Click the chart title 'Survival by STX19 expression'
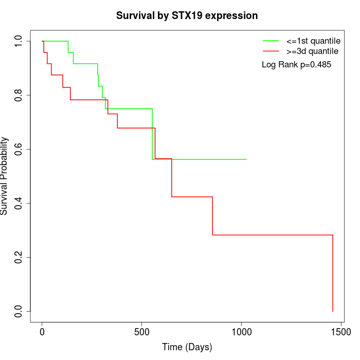pos(187,15)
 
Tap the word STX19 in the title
pos(187,15)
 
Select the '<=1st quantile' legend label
pos(313,41)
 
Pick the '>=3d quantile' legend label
pos(312,51)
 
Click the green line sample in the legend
pos(271,41)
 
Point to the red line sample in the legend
pos(271,51)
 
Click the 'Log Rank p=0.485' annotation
pos(296,64)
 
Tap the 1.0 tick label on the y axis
pos(18,41)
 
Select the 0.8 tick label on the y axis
pos(18,95)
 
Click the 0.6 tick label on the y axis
pos(18,149)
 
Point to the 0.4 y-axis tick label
pos(18,203)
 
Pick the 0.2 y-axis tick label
pos(18,257)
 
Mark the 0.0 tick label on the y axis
pos(18,311)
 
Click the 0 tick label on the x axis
pos(42,332)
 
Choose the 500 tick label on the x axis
pos(141,332)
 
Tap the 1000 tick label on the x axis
pos(242,332)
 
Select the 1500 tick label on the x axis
pos(341,332)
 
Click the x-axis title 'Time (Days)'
pos(187,347)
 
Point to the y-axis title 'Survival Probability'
pos(4,176)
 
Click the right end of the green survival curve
pos(246,159)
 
